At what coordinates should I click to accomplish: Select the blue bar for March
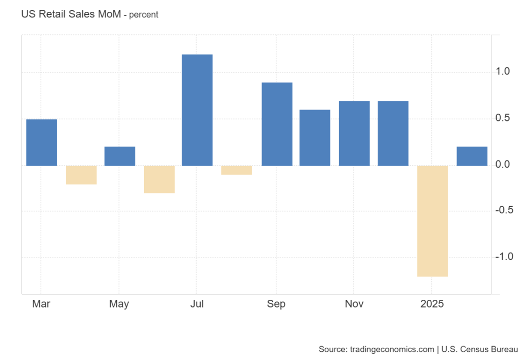click(x=42, y=142)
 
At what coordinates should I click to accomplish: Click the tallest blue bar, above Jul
click(x=197, y=110)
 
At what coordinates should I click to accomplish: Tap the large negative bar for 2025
click(x=432, y=221)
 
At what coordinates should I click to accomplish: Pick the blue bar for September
click(x=277, y=124)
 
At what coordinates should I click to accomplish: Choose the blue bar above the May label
click(x=120, y=156)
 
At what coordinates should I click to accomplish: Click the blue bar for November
click(x=354, y=133)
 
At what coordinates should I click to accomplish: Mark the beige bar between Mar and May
click(x=81, y=175)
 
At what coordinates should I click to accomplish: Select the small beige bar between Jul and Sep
click(x=237, y=170)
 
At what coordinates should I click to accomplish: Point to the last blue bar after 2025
click(x=472, y=156)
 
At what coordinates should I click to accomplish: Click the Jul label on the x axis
click(x=197, y=304)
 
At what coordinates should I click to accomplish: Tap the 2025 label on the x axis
click(x=432, y=304)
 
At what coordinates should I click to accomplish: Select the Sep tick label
click(x=276, y=304)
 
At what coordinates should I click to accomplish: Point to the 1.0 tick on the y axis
click(x=513, y=71)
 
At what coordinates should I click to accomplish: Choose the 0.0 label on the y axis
click(x=513, y=165)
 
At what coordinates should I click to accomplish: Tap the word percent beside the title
click(x=144, y=15)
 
